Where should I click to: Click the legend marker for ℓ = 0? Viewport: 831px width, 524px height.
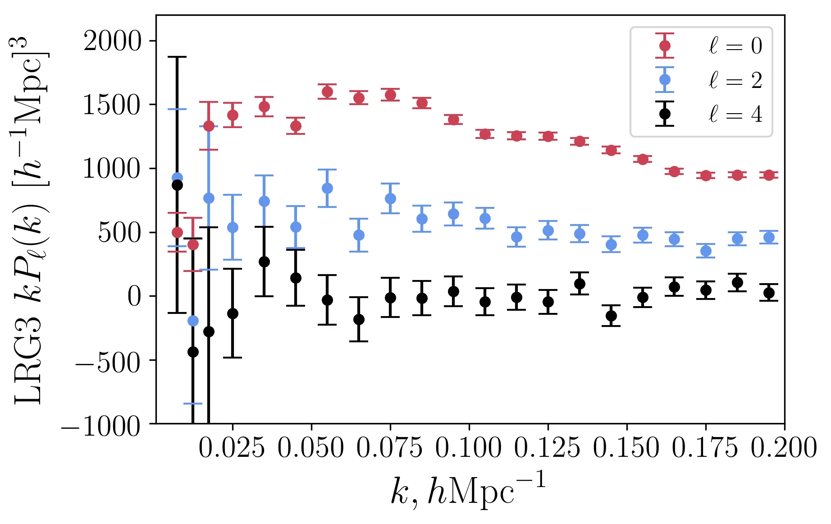[x=665, y=46]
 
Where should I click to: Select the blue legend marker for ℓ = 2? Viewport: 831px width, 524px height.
[x=665, y=80]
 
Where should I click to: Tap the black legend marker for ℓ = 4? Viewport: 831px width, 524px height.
[x=665, y=114]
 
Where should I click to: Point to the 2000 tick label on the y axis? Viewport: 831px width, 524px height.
[x=113, y=42]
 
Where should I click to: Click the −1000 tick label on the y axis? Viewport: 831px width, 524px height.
[x=101, y=425]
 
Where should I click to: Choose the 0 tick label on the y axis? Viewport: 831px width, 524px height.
[x=134, y=297]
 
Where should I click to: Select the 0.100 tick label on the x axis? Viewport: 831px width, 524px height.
[x=468, y=449]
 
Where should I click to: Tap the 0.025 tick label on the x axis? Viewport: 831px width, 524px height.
[x=232, y=449]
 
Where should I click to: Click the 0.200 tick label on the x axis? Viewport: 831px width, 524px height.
[x=784, y=449]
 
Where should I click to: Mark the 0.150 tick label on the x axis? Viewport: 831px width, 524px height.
[x=626, y=449]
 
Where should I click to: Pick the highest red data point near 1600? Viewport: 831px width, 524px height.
[x=328, y=92]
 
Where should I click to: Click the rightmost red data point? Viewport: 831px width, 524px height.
[x=769, y=175]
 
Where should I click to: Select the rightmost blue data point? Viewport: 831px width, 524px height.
[x=769, y=237]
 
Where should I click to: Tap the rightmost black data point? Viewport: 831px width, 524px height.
[x=769, y=293]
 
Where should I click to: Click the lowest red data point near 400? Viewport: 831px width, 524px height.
[x=193, y=244]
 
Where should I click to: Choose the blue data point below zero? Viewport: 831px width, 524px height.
[x=193, y=321]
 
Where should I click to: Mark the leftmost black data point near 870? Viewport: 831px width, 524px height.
[x=177, y=185]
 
